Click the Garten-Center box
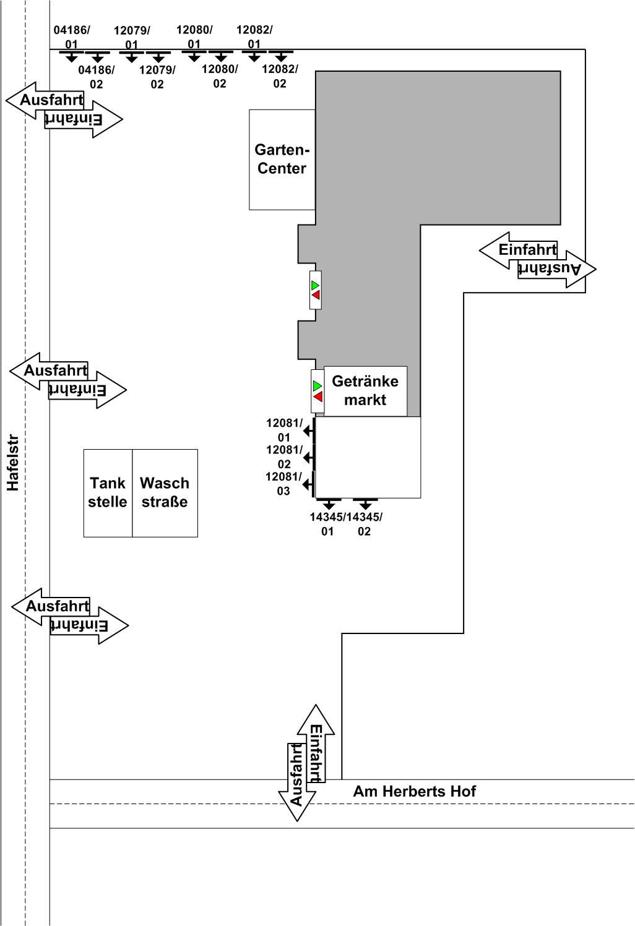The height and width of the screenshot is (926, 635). [282, 160]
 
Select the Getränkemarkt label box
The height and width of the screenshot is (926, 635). [365, 391]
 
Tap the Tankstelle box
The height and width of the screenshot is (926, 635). [108, 493]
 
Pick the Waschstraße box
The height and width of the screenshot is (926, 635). [165, 493]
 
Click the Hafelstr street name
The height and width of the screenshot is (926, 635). [13, 463]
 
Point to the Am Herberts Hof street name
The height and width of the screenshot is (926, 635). [415, 791]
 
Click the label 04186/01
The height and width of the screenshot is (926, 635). [72, 37]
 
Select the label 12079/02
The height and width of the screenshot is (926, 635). [157, 77]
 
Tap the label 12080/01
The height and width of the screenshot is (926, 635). [194, 36]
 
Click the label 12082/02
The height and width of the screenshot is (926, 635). [280, 76]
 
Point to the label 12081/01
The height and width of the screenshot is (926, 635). [284, 430]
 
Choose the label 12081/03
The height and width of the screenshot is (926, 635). [284, 484]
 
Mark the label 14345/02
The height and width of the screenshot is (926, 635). [365, 524]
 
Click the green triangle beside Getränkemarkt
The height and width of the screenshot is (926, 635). [317, 386]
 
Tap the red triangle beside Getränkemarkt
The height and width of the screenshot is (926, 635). [317, 397]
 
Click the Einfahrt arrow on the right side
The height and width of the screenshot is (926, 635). [519, 251]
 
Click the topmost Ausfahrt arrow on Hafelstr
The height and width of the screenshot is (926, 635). [45, 100]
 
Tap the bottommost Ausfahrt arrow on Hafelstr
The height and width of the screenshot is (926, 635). [51, 606]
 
